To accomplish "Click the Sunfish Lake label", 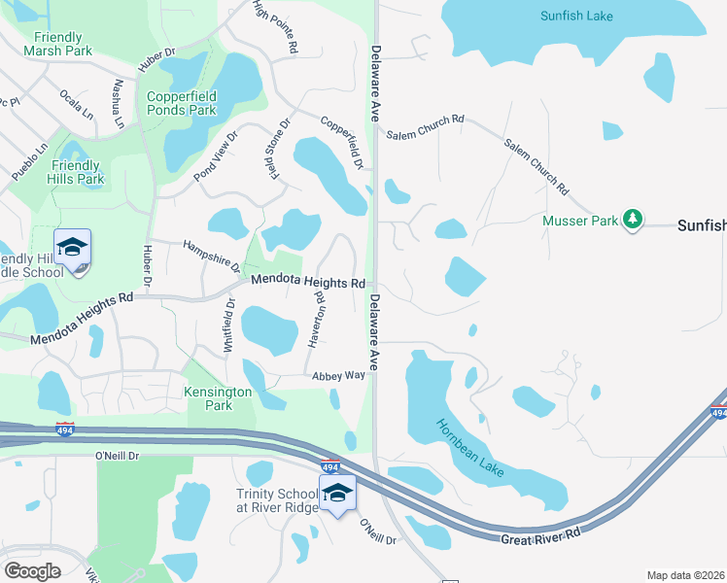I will [578, 16].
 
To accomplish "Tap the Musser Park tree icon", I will [633, 219].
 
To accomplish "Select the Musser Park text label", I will [580, 222].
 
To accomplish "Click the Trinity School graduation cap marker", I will [337, 494].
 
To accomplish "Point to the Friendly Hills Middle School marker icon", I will [72, 249].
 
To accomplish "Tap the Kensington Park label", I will [219, 398].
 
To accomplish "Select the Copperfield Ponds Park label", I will [182, 103].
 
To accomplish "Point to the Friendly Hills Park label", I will [78, 172].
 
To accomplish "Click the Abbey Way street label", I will [338, 375].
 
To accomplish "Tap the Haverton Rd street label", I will [317, 319].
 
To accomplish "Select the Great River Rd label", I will [540, 536].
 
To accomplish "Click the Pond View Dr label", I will [216, 155].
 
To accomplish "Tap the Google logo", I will [32, 571].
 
